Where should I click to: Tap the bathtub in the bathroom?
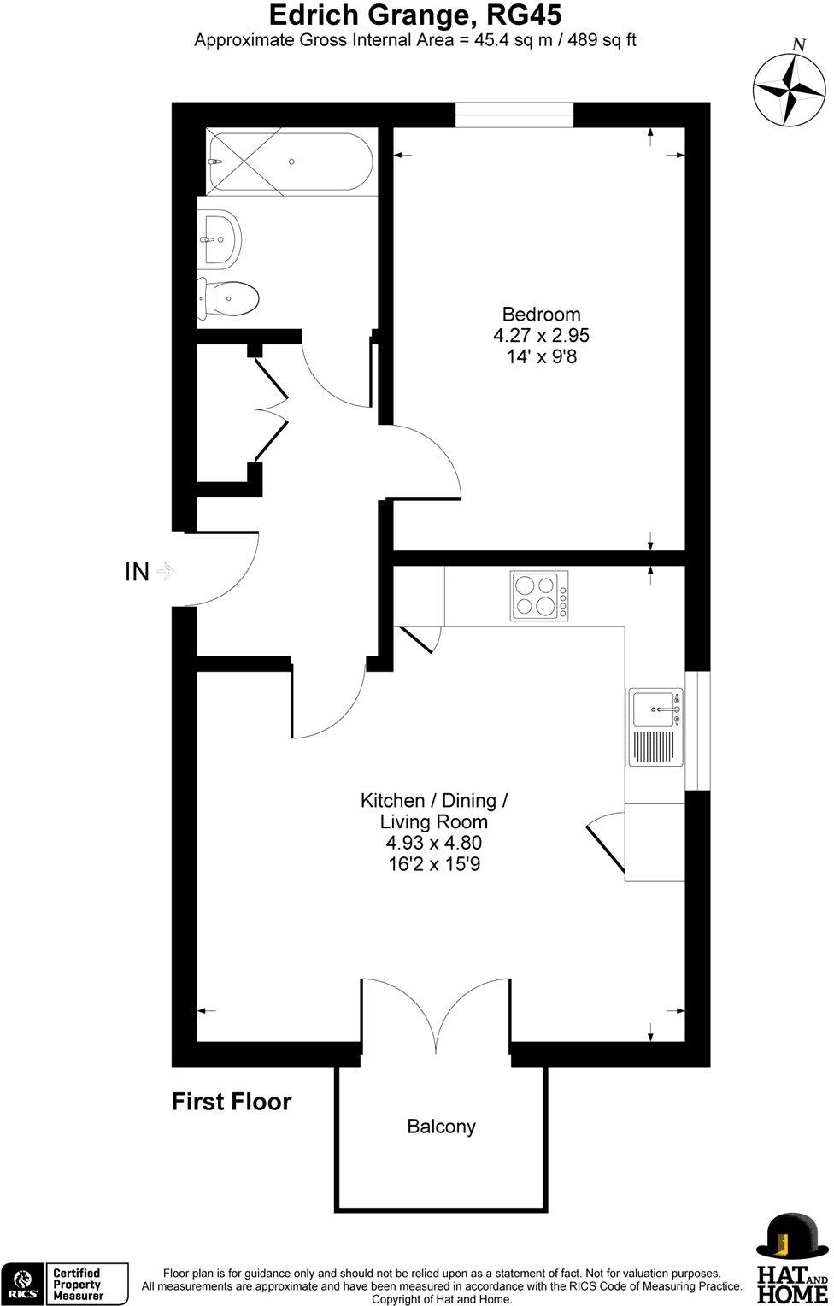coord(289,161)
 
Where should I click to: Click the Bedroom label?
coord(541,314)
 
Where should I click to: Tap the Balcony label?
coord(441,1127)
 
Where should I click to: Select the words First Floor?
coord(232,1102)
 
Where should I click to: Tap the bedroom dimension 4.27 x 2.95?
coord(541,336)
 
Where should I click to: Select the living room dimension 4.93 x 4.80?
coord(434,843)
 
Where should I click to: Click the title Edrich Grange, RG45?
coord(416,15)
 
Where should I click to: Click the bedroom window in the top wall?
coord(514,115)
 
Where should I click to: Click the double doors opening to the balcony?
coord(436,1017)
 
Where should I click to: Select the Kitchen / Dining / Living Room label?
coord(434,811)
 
